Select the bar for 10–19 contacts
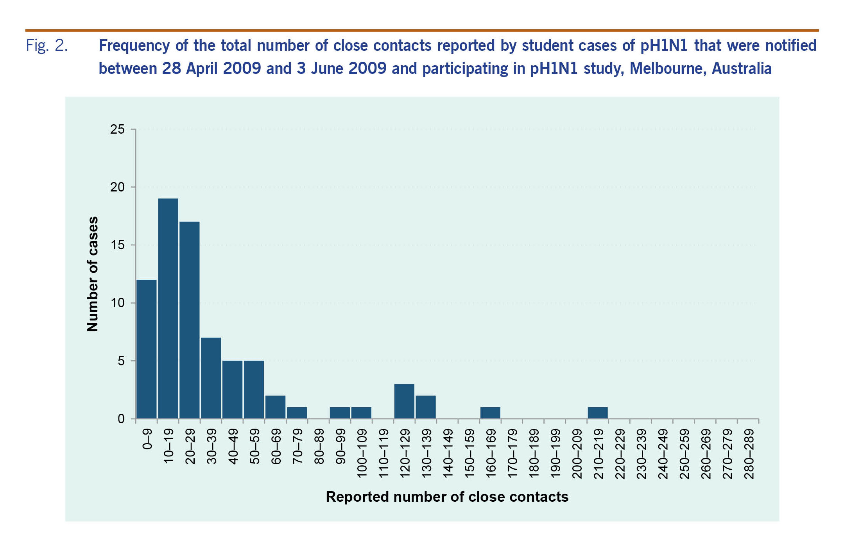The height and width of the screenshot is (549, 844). tap(168, 309)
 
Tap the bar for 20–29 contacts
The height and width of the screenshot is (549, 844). tap(190, 320)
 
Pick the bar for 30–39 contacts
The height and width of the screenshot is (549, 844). tap(211, 378)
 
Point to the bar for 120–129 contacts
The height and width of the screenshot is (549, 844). tap(404, 401)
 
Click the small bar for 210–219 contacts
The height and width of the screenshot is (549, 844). tap(598, 413)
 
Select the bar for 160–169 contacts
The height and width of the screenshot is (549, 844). tap(490, 413)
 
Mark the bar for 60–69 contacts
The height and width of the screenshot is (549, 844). tap(275, 407)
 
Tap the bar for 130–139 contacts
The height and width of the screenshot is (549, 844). tap(426, 407)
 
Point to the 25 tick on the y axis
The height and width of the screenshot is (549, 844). tap(117, 129)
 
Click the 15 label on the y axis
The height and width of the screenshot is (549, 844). tap(117, 245)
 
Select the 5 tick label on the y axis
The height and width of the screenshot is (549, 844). tap(121, 361)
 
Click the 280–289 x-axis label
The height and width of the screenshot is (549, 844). tap(749, 454)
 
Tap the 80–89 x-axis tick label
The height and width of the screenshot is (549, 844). tap(319, 447)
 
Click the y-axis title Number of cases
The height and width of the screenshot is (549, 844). tap(93, 274)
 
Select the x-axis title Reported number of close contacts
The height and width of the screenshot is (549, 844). tap(447, 497)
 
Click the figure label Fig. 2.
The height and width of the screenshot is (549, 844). tap(47, 46)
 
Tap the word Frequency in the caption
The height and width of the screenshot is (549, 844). tap(134, 46)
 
